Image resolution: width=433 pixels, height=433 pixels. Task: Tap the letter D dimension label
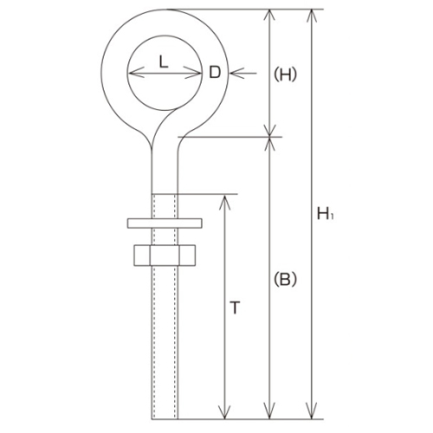pyautogui.click(x=214, y=73)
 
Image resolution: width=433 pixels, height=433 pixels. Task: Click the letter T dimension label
pyautogui.click(x=236, y=307)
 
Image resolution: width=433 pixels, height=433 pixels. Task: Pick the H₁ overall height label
pyautogui.click(x=324, y=212)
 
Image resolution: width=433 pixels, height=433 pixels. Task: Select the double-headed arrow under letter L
pyautogui.click(x=164, y=74)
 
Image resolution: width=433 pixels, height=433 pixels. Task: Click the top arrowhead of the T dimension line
pyautogui.click(x=225, y=201)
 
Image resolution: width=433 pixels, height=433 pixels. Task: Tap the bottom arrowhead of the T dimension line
pyautogui.click(x=225, y=411)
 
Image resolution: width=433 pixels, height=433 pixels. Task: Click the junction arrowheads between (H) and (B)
pyautogui.click(x=274, y=136)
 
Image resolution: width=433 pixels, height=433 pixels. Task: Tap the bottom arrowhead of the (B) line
pyautogui.click(x=274, y=412)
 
